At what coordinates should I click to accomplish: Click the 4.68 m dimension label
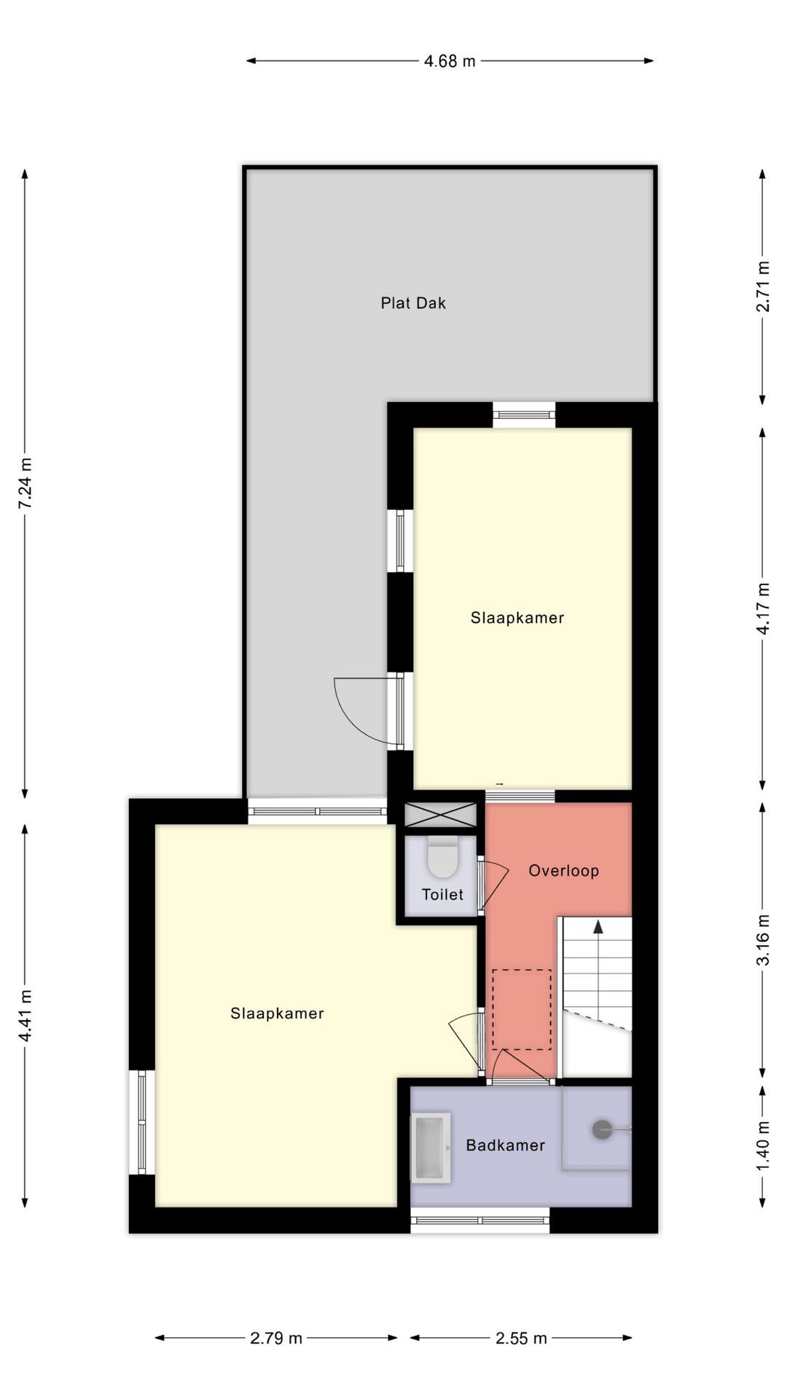(x=450, y=61)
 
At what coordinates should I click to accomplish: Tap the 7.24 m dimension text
(x=26, y=483)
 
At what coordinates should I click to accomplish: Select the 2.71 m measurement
(x=763, y=286)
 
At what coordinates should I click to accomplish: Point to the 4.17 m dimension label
(x=763, y=608)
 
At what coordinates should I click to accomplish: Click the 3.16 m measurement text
(x=763, y=939)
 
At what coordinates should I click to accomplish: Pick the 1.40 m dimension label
(x=763, y=1145)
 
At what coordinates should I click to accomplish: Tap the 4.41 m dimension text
(x=26, y=1016)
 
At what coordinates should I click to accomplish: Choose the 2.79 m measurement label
(x=276, y=1338)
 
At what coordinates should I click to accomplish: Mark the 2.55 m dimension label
(x=521, y=1338)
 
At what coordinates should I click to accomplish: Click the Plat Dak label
(x=413, y=303)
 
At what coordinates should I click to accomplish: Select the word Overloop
(x=564, y=871)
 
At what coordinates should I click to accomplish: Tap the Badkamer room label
(x=506, y=1145)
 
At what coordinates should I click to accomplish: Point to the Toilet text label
(x=442, y=894)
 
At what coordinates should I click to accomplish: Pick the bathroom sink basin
(x=431, y=1148)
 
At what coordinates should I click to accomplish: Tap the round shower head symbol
(x=602, y=1130)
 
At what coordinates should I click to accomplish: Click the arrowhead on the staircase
(x=598, y=926)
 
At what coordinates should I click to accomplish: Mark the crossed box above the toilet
(x=440, y=815)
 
